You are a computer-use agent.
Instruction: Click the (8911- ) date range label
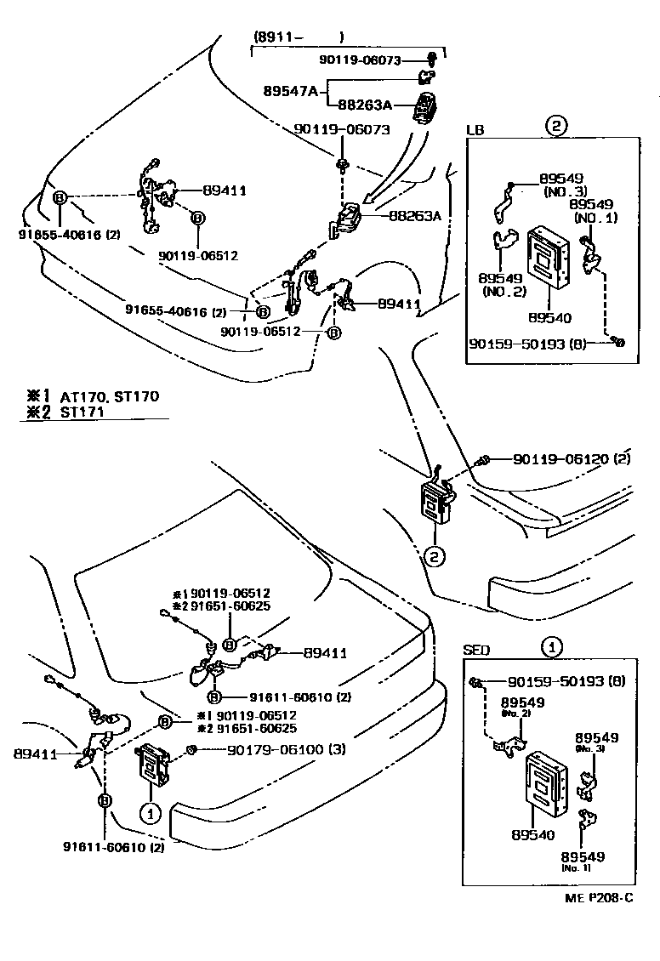point(298,37)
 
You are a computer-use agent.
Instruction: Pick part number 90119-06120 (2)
point(572,459)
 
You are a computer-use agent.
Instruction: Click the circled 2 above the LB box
point(555,128)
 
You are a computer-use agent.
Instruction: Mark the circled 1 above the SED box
point(552,647)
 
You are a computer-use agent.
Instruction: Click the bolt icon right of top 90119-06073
point(433,58)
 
